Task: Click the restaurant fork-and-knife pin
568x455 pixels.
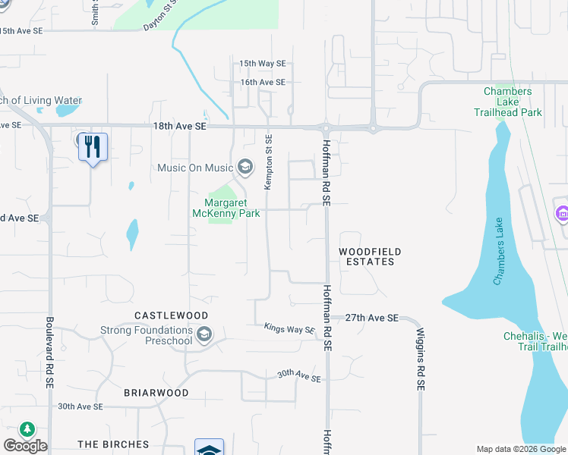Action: coord(93,147)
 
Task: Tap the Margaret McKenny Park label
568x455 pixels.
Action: coord(232,208)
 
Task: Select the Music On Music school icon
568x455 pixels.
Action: coord(245,166)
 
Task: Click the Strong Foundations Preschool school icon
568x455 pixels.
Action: coord(204,334)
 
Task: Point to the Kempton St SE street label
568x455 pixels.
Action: coord(268,162)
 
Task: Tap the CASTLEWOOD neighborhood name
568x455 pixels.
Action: coord(171,315)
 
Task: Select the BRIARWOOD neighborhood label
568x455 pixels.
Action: coord(156,393)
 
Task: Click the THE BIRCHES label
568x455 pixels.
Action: coord(113,444)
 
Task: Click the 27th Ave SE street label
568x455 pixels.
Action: coord(372,318)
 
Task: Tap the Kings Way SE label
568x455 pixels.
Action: coord(289,329)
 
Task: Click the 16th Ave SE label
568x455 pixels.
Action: coord(263,82)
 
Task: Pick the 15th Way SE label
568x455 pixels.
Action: coord(263,64)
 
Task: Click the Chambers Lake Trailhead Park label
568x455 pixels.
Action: coord(513,102)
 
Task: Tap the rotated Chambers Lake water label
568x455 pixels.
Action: coord(499,251)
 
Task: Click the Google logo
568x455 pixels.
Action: coord(25,446)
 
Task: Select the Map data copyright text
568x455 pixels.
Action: coord(522,449)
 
